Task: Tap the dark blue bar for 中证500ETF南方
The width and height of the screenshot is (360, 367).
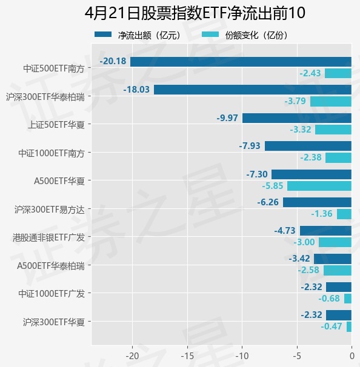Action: coord(241,61)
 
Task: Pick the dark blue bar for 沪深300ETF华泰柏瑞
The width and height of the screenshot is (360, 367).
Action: coord(252,90)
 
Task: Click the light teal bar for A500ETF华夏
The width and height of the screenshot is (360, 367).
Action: coord(319,186)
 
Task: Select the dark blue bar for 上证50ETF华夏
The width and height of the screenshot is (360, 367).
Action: coord(297,117)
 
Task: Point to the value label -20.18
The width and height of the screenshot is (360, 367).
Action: coord(113,61)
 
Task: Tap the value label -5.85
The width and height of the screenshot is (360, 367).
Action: coord(273,186)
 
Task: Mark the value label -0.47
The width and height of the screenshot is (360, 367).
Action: coord(332,326)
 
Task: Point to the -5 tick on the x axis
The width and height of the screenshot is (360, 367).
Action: coord(297,355)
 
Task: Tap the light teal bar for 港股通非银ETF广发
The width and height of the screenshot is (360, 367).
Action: coord(335,242)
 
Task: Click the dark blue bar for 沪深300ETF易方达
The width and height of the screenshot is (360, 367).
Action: coord(317,202)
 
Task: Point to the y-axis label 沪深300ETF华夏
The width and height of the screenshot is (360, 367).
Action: coord(53,321)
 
